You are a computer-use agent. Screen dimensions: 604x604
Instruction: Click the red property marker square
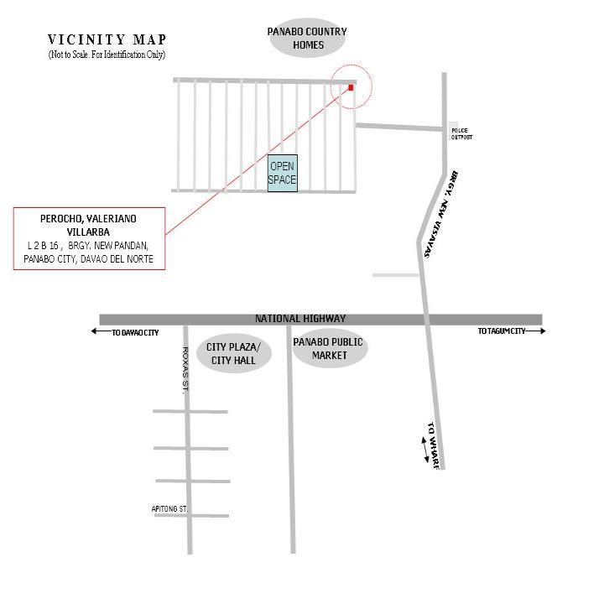coord(351,87)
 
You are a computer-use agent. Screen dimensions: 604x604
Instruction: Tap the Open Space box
coord(283,173)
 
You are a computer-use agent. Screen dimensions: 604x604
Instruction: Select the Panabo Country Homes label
coord(307,38)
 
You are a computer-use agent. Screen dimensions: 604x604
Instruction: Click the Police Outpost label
coord(461,133)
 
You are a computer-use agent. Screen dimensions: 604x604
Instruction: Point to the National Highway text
coord(300,319)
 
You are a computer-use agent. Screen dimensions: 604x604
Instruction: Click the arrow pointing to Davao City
coord(102,331)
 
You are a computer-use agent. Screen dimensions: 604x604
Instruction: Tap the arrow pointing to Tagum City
coord(535,331)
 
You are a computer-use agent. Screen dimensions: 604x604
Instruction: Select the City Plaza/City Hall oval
coord(234,353)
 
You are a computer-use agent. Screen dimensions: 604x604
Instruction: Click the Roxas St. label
coord(185,370)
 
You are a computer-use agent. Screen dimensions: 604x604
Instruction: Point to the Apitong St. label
coord(169,509)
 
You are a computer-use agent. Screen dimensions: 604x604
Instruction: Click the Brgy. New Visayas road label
coord(440,214)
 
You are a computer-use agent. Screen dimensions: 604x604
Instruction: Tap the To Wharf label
coord(434,445)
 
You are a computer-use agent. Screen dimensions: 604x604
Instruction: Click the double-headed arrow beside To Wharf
coord(424,450)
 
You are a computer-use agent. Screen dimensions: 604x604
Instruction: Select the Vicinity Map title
coord(107,39)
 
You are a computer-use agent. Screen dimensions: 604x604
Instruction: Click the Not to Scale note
coord(107,55)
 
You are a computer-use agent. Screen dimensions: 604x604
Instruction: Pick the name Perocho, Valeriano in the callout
coord(88,219)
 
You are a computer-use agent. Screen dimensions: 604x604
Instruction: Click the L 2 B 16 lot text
coord(43,245)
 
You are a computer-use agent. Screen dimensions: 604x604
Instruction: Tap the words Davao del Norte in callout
coord(117,259)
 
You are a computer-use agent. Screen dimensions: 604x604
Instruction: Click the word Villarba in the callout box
coord(88,232)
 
